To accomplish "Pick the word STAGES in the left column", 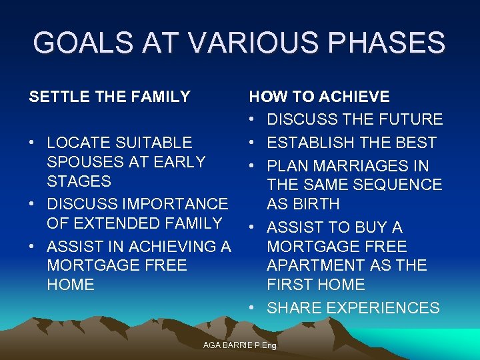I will tap(79, 181).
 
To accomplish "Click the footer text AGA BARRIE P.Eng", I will tap(239, 345).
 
